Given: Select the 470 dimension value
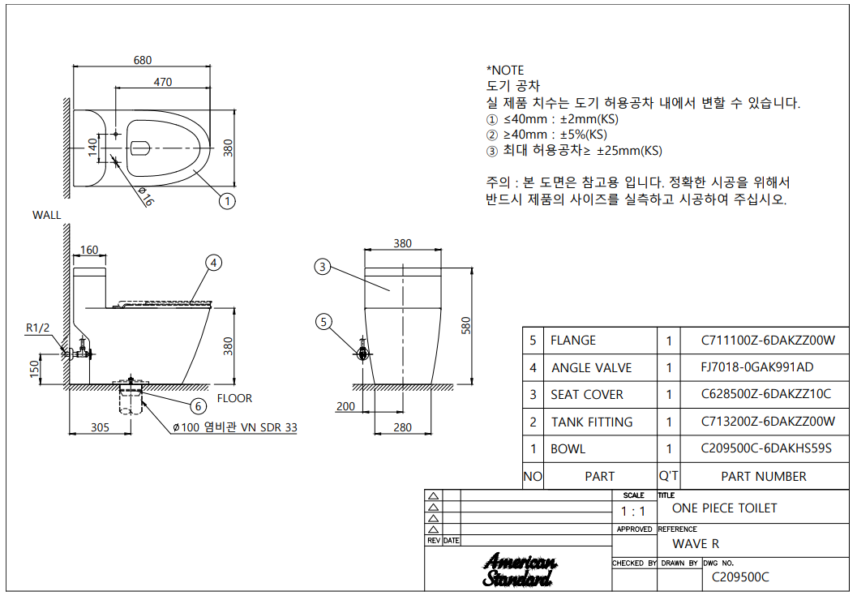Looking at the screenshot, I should (x=162, y=81).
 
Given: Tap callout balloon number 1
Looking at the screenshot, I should (x=228, y=201).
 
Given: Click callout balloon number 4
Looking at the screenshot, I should (x=213, y=263).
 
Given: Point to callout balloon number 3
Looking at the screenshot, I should (x=323, y=267).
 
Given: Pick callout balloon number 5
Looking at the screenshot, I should (x=324, y=323).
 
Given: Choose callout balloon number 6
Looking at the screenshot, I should (x=198, y=405).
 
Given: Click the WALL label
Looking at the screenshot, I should (x=46, y=215).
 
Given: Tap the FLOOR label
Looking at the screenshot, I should (x=234, y=398).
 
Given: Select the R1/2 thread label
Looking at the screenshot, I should (x=37, y=328).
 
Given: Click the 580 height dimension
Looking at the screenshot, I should (x=465, y=325).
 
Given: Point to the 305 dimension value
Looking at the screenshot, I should (x=100, y=427).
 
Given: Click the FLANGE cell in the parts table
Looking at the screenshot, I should (x=573, y=341).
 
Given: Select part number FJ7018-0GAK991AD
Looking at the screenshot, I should (x=756, y=367).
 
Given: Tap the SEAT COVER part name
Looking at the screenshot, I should (x=587, y=395).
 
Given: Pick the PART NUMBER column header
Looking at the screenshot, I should (x=763, y=477).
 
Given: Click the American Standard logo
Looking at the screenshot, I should (x=518, y=571).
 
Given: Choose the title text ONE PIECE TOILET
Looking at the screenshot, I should (x=724, y=508).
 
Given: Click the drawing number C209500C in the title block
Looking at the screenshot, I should (x=739, y=577).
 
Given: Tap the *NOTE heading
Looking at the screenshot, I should (x=505, y=71).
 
